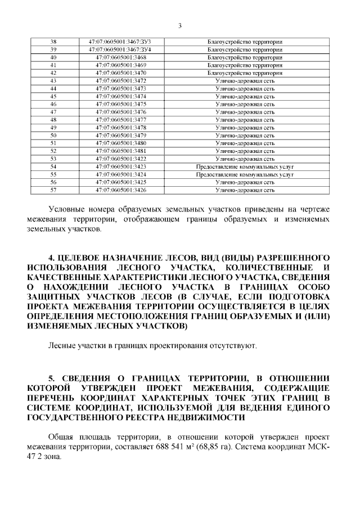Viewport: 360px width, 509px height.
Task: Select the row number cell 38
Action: (x=53, y=42)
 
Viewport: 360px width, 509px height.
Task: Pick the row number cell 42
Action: (x=53, y=73)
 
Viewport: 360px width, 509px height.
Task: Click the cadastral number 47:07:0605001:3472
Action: (x=121, y=81)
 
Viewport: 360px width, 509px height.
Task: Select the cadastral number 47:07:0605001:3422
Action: (x=121, y=159)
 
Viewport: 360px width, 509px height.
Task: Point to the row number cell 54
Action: (x=53, y=166)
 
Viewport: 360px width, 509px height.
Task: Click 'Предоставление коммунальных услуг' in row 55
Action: (x=245, y=174)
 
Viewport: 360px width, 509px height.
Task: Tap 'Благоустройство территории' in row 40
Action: (x=245, y=57)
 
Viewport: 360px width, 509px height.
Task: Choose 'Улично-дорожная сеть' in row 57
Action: (x=245, y=190)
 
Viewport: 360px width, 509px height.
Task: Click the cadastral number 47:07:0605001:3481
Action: (x=121, y=151)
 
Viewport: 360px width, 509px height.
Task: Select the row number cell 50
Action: (x=53, y=136)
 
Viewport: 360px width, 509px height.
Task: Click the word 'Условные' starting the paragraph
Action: (x=67, y=210)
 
